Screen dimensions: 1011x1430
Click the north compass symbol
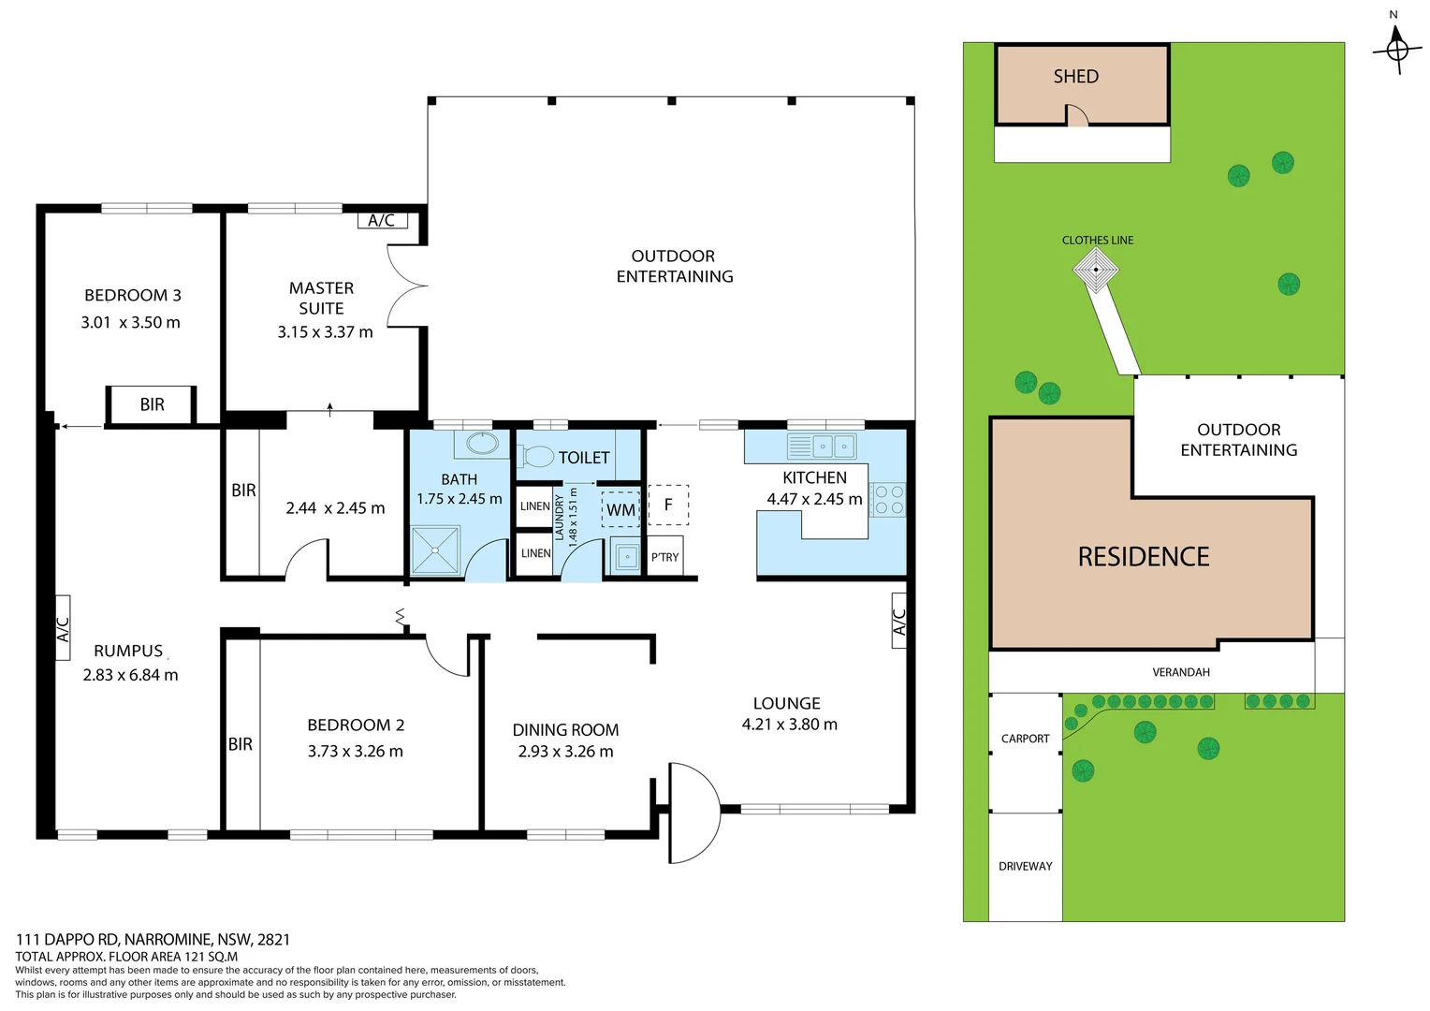(1396, 47)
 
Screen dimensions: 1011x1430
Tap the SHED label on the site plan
(1075, 77)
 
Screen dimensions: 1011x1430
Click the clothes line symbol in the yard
(1095, 270)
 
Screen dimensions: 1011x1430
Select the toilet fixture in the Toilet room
(537, 457)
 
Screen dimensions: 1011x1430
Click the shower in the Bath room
(436, 549)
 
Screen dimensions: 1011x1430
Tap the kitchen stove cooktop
(888, 500)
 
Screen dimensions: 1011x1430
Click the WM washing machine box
(620, 510)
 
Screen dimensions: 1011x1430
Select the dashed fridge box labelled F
(668, 505)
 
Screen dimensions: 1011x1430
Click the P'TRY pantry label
(665, 557)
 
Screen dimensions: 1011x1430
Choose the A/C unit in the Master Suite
(382, 221)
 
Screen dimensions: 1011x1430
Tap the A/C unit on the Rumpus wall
(63, 628)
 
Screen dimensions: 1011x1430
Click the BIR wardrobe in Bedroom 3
(152, 404)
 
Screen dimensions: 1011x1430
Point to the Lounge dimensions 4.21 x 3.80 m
(789, 725)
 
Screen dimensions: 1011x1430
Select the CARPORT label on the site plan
(1025, 739)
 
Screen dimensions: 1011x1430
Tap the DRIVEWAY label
(1025, 867)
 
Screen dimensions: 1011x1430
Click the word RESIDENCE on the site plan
(1143, 557)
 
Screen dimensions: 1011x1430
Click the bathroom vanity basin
(483, 443)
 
